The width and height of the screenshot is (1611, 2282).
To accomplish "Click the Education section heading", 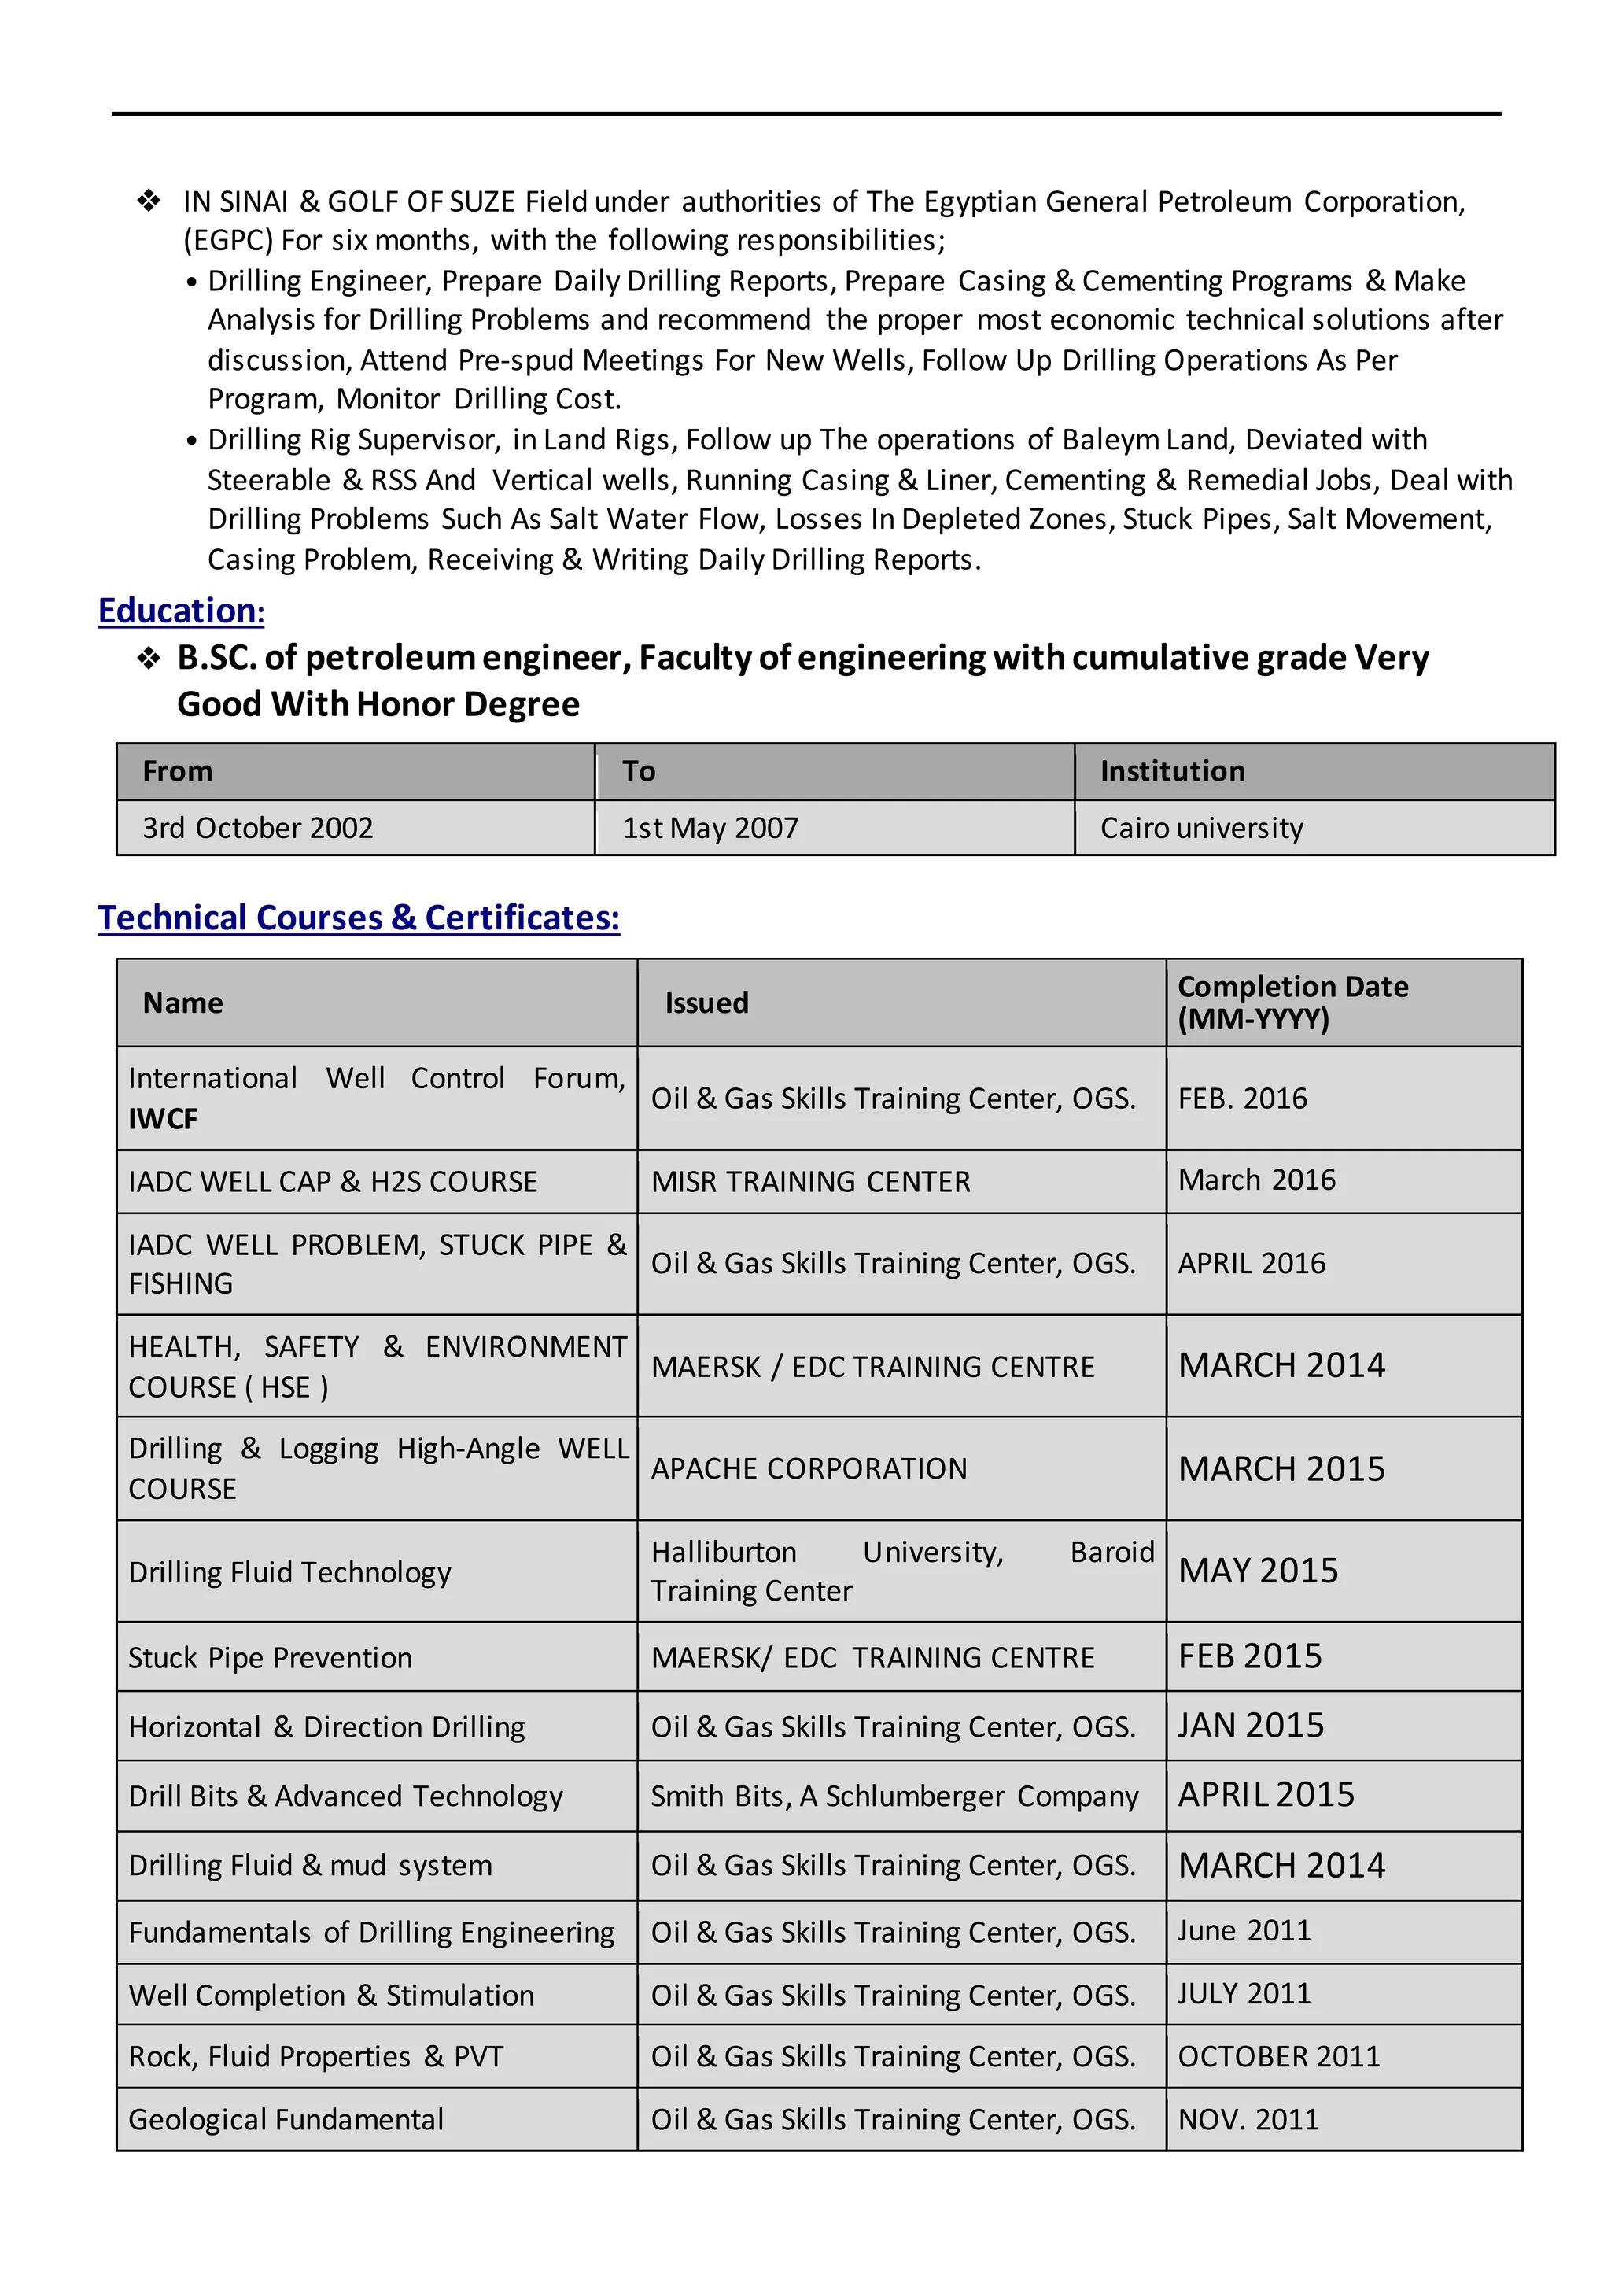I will coord(181,611).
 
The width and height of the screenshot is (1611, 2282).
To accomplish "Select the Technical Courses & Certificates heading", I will coord(358,918).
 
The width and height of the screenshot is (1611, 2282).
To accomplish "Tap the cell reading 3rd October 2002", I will coord(257,828).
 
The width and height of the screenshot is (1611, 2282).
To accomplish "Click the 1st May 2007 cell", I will coord(710,828).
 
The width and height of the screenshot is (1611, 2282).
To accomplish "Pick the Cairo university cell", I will coord(1200,828).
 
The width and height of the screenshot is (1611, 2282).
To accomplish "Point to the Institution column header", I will coord(1172,771).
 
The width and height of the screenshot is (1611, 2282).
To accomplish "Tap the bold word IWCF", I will coord(163,1119).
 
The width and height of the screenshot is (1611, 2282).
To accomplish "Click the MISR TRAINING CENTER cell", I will coord(810,1182).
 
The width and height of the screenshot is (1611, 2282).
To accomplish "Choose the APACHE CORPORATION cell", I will coord(808,1469).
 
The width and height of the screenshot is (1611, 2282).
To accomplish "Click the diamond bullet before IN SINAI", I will coord(149,201).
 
